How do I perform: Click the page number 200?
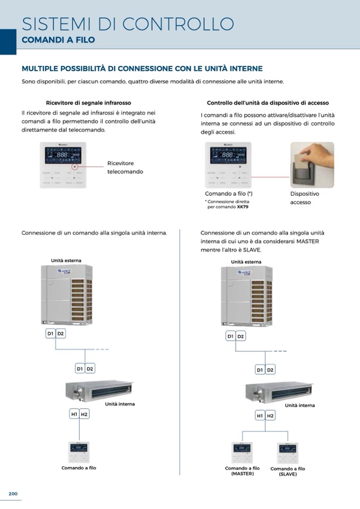(13, 494)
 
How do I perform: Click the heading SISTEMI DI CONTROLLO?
(128, 24)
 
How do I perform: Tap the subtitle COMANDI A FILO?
(58, 40)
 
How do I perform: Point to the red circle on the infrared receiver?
(75, 166)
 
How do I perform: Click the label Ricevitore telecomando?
(125, 167)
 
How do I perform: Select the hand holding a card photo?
(312, 165)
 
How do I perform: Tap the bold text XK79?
(243, 207)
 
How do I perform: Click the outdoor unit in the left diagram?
(67, 294)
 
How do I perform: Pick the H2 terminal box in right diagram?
(270, 416)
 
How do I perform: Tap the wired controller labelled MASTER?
(242, 453)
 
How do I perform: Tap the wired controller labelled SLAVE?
(287, 453)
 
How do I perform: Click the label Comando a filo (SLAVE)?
(288, 471)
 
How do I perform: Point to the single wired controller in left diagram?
(79, 452)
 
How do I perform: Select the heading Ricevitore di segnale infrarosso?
(89, 102)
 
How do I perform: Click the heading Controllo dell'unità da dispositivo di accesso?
(268, 103)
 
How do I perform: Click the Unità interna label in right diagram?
(299, 406)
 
